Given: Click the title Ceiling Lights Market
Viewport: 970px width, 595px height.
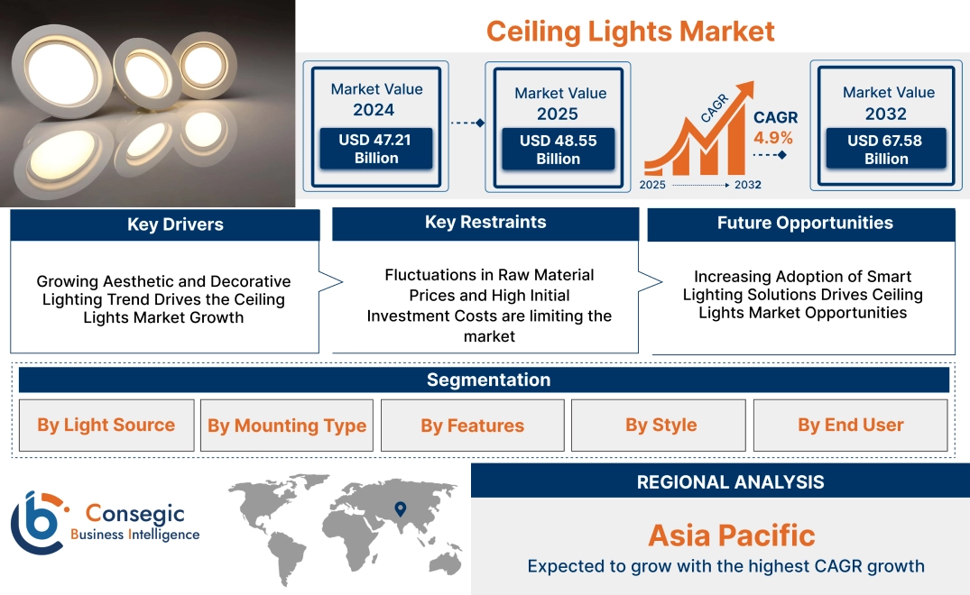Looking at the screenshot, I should tap(630, 32).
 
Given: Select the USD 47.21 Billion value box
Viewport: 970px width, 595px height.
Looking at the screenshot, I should tap(375, 149).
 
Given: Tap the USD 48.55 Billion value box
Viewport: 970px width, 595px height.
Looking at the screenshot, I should tap(558, 150).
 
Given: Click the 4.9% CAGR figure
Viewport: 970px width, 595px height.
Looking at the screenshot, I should tap(773, 138).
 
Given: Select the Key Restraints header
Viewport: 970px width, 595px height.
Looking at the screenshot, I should tap(485, 223).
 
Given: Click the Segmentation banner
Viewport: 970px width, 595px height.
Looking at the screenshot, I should tap(488, 380).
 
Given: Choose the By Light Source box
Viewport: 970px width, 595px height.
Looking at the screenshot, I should tap(106, 426).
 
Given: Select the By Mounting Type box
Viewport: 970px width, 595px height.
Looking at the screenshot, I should tap(287, 426).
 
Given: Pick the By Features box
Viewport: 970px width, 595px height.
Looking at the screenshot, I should tap(472, 426).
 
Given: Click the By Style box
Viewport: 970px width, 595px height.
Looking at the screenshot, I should tap(661, 426).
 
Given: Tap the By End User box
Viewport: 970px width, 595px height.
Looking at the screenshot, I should tap(850, 426).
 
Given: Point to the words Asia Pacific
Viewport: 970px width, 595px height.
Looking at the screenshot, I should tap(731, 535).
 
